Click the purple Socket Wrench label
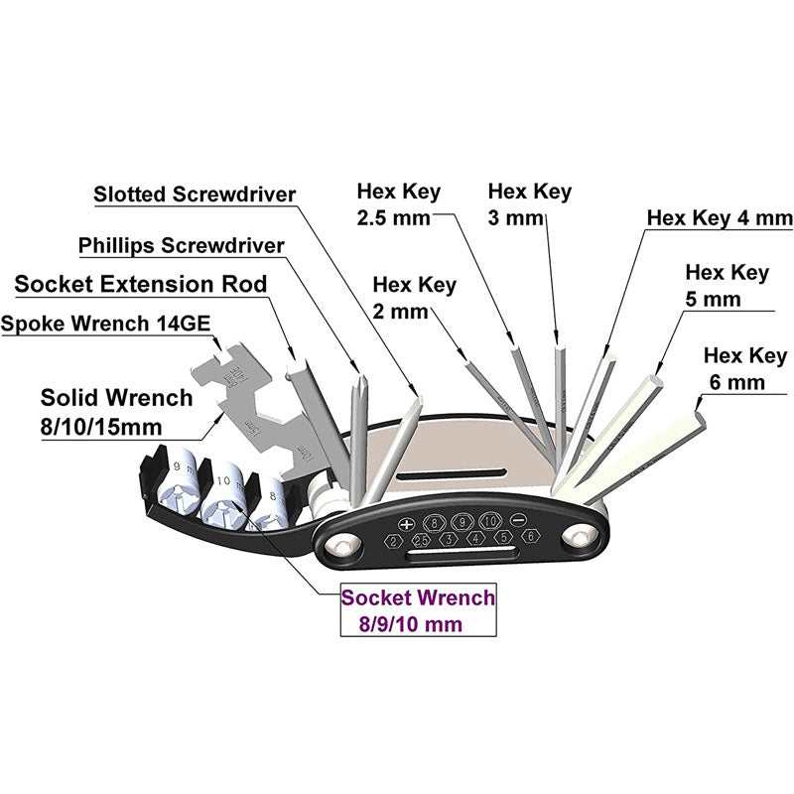417,611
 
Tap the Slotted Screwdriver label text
195,195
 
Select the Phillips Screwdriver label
182,245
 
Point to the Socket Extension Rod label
141,285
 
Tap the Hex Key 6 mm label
743,367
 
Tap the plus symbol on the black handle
405,522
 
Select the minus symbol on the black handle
516,521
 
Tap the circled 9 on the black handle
462,522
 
